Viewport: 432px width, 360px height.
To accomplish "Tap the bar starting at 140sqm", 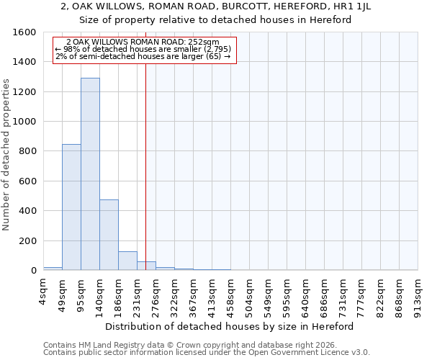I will pyautogui.click(x=109, y=235).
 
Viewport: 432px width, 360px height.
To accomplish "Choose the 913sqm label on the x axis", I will pyautogui.click(x=418, y=294).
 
